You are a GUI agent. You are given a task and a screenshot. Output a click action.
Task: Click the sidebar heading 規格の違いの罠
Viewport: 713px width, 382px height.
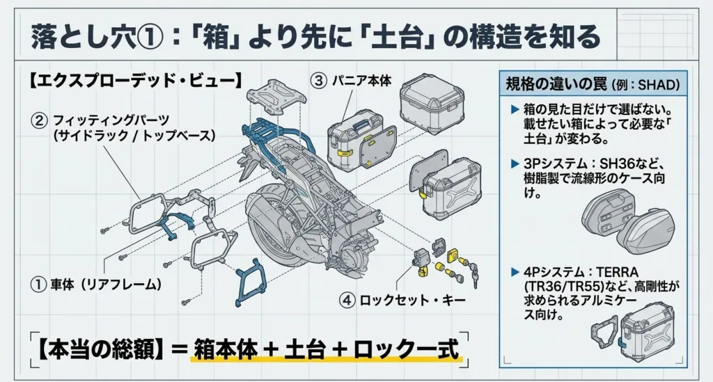click(x=556, y=85)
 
